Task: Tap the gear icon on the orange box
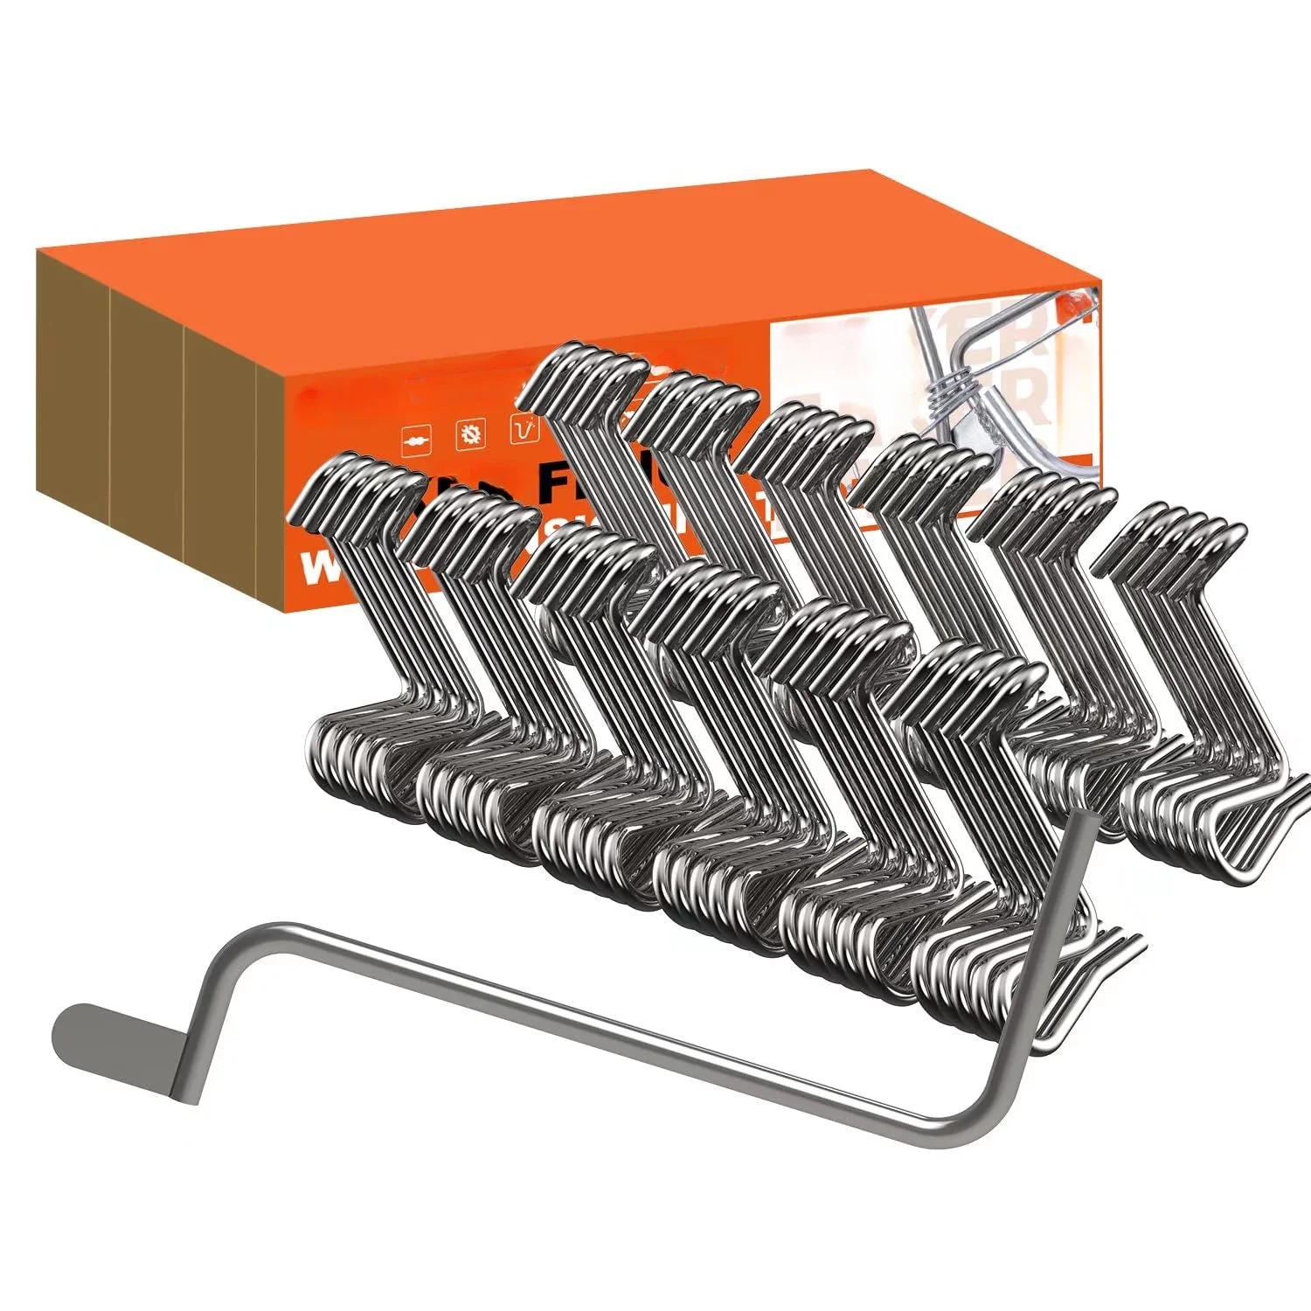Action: [471, 433]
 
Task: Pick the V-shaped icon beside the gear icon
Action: [524, 428]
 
